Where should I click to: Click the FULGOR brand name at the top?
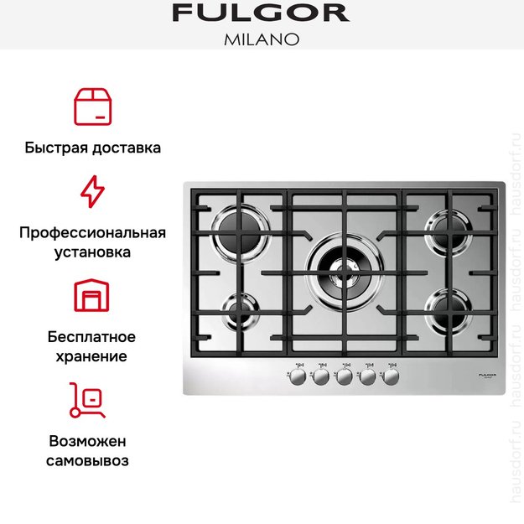[261, 13]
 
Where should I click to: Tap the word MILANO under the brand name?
[261, 39]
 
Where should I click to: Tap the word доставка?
[124, 148]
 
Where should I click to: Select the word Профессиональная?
[92, 232]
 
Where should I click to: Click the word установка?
[92, 252]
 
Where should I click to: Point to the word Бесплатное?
[92, 337]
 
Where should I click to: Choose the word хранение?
[92, 356]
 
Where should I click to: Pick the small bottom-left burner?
[240, 309]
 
